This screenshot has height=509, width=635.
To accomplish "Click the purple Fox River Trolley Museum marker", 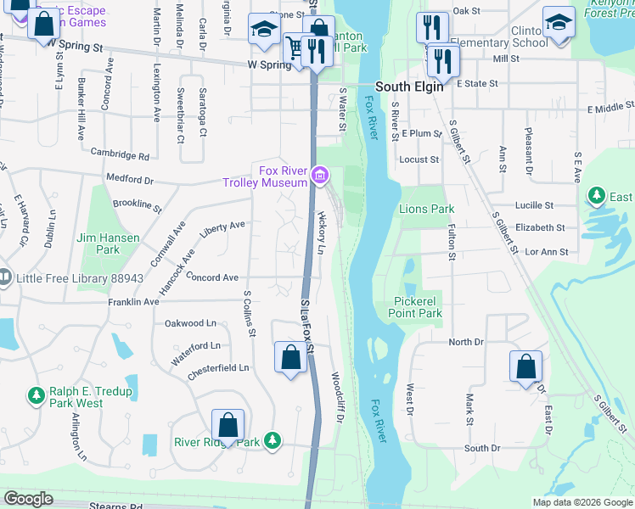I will point(320,176).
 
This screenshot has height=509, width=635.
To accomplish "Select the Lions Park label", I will point(427,209).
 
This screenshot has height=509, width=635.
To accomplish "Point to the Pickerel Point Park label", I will point(419,307).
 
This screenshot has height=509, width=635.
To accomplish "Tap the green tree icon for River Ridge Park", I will point(272,440).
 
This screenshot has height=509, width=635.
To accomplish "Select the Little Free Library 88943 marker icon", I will point(4,277).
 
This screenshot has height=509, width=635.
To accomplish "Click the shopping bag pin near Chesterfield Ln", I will point(290,357).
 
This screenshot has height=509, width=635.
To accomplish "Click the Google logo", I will point(29,499).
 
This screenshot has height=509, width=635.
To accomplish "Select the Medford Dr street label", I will point(129,180).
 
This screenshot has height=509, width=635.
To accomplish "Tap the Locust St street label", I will point(419,159).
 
